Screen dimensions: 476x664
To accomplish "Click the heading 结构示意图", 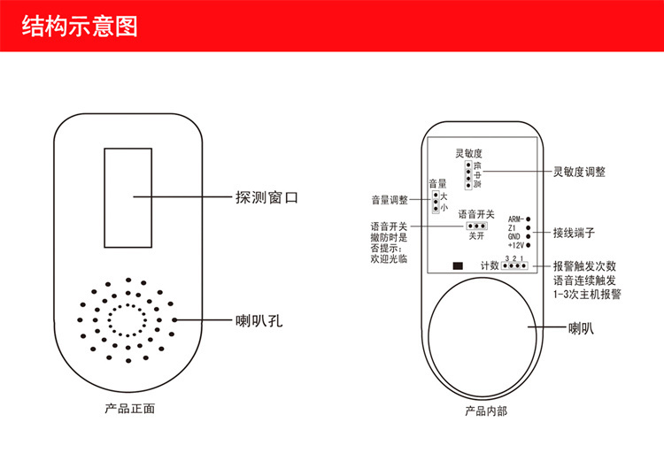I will [x=80, y=26].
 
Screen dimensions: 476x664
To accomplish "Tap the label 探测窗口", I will [x=266, y=196].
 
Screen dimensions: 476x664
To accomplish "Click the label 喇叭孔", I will [x=259, y=319].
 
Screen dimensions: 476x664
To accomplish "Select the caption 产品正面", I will [x=130, y=409].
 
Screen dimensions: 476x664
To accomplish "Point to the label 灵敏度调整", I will [x=579, y=172].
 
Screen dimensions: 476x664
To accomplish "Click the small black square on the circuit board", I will [x=458, y=265].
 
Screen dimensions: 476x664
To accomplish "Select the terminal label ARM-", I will [x=516, y=219].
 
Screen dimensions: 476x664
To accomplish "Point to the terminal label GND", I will [x=514, y=236].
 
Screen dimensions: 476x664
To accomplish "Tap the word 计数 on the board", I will [x=489, y=265].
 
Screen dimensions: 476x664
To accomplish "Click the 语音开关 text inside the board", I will [x=475, y=214].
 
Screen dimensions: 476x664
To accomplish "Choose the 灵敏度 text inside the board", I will [x=468, y=153].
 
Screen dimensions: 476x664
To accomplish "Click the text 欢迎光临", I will [x=390, y=259].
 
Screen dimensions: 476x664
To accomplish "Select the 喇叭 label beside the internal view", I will [x=581, y=328].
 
